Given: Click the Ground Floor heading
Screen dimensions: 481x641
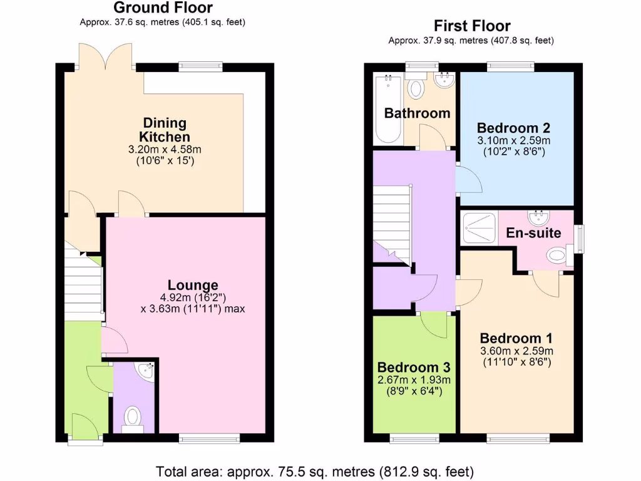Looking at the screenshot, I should pos(162,8).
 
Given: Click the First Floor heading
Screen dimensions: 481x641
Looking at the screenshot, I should pos(472,26).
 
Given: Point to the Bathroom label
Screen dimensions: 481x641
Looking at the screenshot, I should pos(417,113).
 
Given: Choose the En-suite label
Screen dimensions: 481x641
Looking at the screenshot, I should pos(533,233).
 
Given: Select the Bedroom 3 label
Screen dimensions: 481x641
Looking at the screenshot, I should pos(413,366).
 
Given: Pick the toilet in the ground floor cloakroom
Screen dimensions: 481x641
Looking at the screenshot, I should pos(133,417).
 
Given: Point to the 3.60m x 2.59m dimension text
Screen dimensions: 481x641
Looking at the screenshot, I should pos(516,351).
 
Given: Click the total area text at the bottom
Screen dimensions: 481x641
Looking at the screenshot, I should pos(314,471).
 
